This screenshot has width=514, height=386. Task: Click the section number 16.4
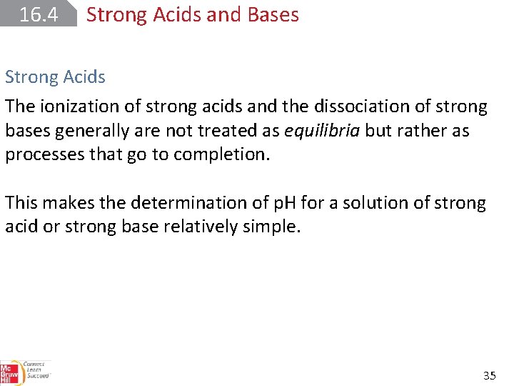tap(39, 14)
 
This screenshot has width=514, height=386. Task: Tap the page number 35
tap(489, 375)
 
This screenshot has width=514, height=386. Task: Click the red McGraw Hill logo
tap(9, 372)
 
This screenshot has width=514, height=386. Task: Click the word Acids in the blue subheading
tap(81, 77)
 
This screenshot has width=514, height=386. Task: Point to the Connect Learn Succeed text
tap(35, 370)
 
